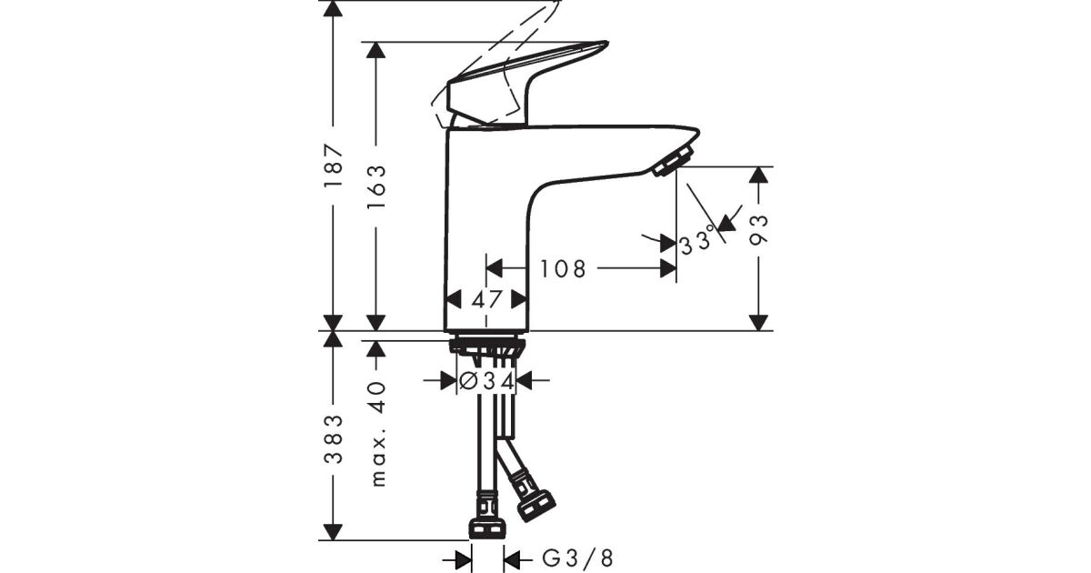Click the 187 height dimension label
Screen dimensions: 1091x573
click(x=335, y=166)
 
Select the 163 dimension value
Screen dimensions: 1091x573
click(x=376, y=186)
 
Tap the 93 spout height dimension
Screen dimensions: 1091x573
click(x=758, y=229)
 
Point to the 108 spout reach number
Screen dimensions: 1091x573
click(x=563, y=269)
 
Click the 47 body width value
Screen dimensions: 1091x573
click(x=486, y=299)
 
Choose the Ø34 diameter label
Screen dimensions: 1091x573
click(x=486, y=380)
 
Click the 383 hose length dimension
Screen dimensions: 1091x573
click(x=335, y=439)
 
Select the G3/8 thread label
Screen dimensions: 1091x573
click(x=577, y=558)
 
